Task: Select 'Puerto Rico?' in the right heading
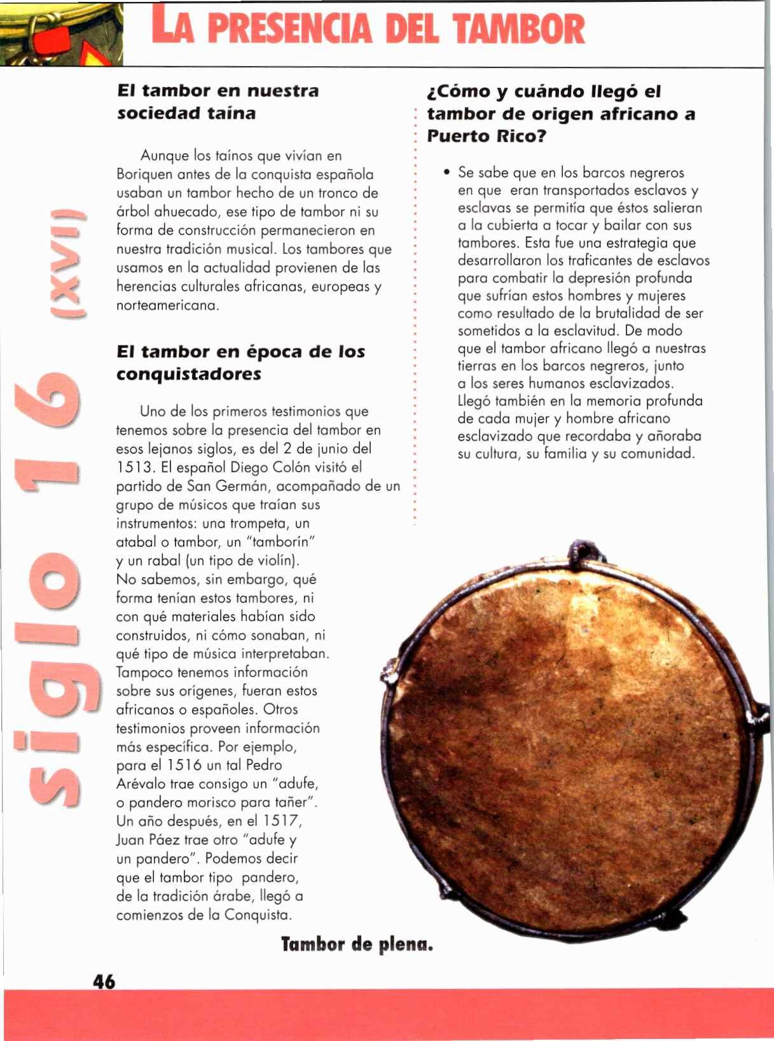tap(487, 136)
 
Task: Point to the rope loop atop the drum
tap(581, 548)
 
